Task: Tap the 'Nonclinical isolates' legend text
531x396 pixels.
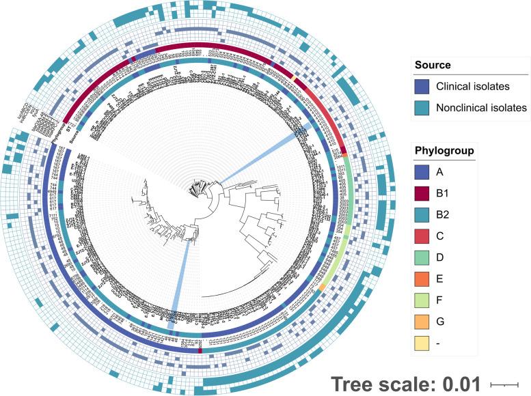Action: (x=484, y=107)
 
